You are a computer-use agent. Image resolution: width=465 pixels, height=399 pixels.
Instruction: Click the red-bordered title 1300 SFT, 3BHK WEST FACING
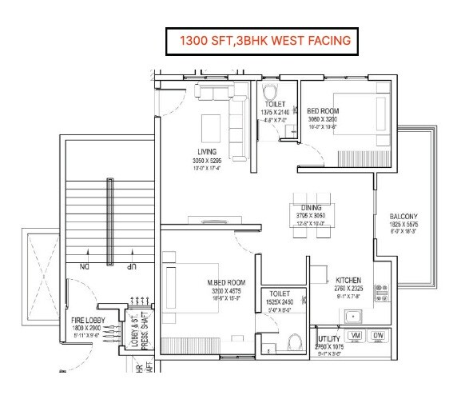pos(258,39)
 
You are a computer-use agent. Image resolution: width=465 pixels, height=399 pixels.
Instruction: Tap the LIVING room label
pos(209,152)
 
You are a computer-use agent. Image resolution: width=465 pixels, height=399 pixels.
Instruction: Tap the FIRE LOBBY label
pos(82,320)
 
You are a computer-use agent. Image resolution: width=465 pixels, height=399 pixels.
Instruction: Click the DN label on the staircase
pos(82,266)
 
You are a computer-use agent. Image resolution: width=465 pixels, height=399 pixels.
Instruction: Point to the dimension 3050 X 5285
pos(209,161)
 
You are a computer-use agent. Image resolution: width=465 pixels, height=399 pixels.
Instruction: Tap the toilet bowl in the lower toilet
pos(293,345)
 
